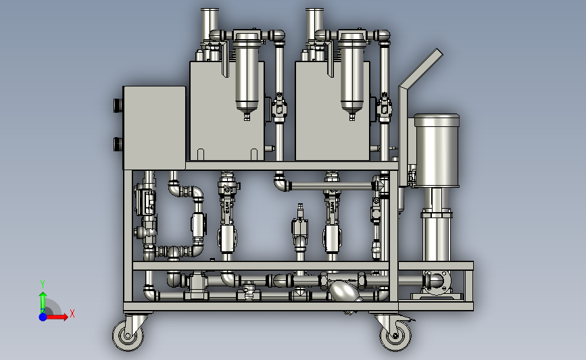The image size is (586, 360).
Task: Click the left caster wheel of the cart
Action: click(128, 336)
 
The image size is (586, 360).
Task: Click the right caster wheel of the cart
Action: click(395, 336)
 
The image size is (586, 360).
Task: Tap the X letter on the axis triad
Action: click(72, 313)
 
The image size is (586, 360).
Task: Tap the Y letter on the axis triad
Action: click(43, 284)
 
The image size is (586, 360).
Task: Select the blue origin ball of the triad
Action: click(43, 317)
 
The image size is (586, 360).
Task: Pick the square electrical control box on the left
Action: click(154, 128)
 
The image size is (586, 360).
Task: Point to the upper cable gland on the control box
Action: click(118, 105)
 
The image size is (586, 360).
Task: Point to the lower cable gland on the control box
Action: click(118, 144)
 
